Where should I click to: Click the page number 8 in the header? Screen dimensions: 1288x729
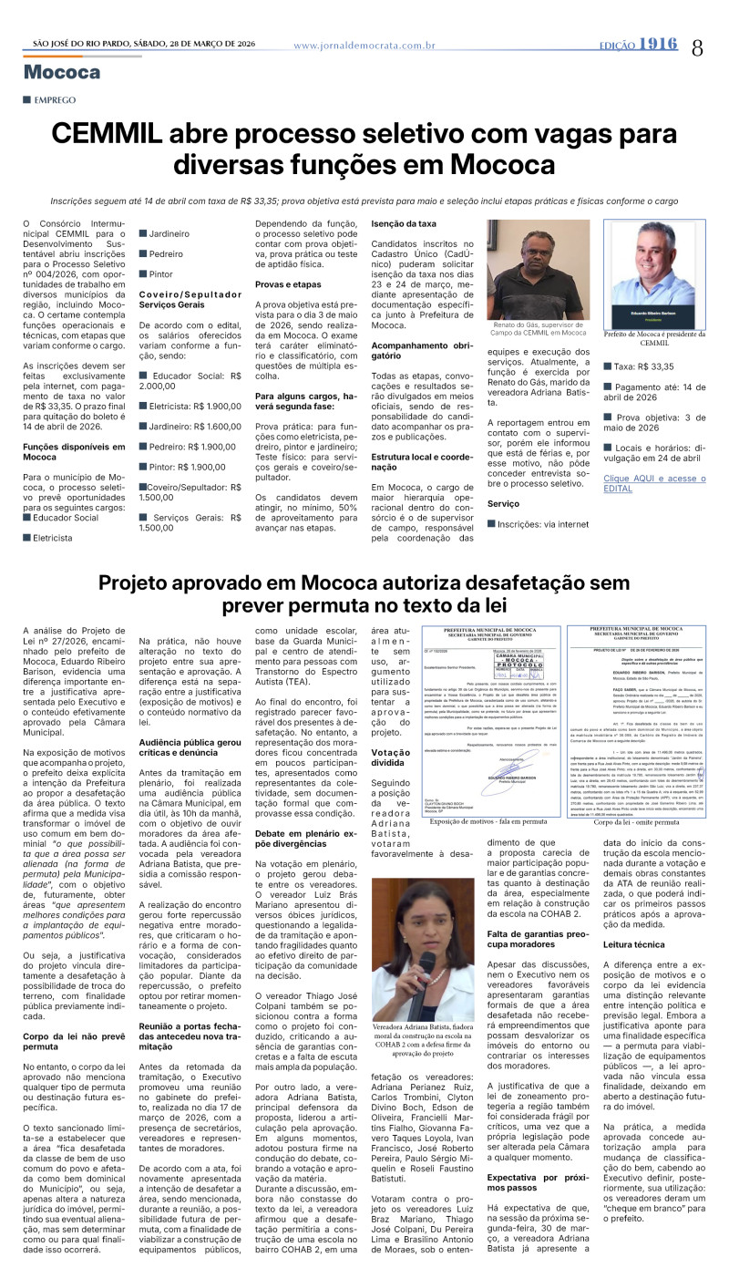(697, 46)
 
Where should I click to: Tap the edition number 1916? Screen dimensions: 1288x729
(657, 44)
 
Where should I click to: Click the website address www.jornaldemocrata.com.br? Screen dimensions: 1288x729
(364, 45)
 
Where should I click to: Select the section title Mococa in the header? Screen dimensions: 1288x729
(62, 72)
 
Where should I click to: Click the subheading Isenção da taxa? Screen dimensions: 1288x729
(404, 223)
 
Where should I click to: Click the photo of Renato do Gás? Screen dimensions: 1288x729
(538, 271)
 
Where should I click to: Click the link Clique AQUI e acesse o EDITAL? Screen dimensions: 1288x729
(653, 483)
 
